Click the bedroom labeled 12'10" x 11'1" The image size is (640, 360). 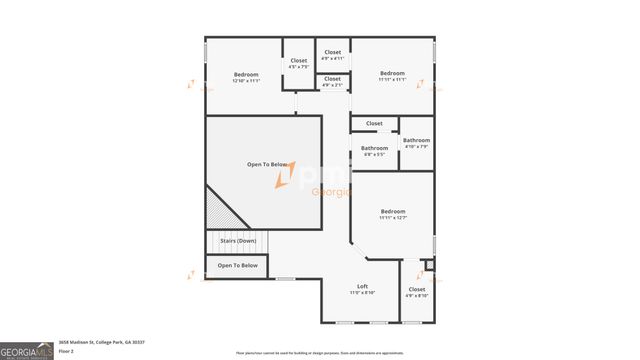tap(246, 78)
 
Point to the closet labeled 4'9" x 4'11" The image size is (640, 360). tap(332, 55)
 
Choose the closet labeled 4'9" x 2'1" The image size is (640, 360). tap(332, 81)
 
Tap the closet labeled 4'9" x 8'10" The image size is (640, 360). tap(417, 292)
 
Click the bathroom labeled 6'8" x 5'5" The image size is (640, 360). tap(375, 151)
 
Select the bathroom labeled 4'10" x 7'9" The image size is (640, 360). tap(416, 143)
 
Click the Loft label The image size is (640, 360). tap(362, 287)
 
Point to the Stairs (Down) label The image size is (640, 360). tap(238, 241)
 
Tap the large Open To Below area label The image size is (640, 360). tap(267, 164)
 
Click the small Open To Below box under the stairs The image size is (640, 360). tap(238, 265)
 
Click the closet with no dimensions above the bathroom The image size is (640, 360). tap(374, 123)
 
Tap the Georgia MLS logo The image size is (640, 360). tap(29, 351)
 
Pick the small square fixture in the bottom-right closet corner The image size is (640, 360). tap(429, 264)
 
